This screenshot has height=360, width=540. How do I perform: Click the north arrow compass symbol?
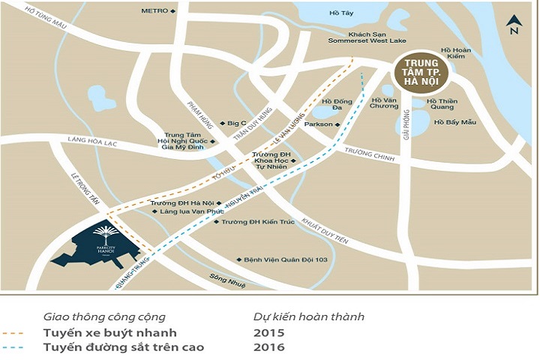click(513, 25)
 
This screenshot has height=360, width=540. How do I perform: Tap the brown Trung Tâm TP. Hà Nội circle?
click(421, 73)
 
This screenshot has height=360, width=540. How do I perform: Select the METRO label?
click(154, 11)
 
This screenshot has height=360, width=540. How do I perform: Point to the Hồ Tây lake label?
click(340, 13)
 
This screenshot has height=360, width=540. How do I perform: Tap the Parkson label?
click(320, 124)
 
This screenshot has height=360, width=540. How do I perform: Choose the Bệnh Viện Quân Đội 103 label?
click(286, 260)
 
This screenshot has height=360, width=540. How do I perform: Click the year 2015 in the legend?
click(269, 332)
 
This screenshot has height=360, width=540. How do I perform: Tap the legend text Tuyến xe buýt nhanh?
click(109, 332)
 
